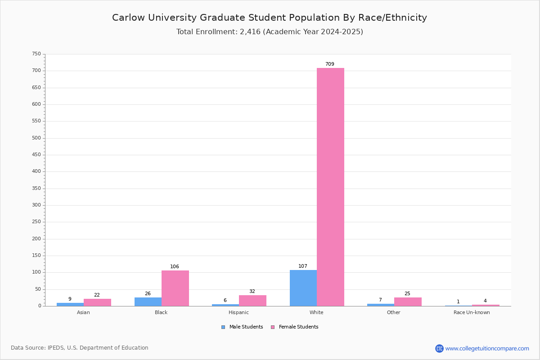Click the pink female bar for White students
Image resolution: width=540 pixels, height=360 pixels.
tap(330, 187)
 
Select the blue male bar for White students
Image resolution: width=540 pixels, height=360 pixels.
tap(303, 288)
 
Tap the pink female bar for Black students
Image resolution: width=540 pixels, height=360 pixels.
tap(175, 288)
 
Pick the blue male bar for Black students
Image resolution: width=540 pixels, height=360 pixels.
tap(148, 301)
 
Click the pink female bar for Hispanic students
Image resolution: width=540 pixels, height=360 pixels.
tap(252, 301)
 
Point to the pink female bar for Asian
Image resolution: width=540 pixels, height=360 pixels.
tap(97, 302)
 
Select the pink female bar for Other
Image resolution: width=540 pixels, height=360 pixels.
tap(408, 301)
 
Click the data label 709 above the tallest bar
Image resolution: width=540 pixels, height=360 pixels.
tap(330, 64)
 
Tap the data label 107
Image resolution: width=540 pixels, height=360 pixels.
tap(303, 266)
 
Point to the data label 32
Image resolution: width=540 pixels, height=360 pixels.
tap(252, 291)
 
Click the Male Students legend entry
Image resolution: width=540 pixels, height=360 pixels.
tap(242, 327)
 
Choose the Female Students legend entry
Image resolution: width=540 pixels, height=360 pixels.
tap(295, 327)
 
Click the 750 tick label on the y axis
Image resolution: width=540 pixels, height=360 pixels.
tap(36, 54)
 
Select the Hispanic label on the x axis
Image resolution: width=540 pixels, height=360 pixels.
tap(238, 312)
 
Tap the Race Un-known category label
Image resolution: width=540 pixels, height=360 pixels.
tap(472, 312)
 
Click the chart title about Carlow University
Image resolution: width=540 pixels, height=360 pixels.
tap(270, 18)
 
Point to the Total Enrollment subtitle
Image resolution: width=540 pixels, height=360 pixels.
tap(270, 31)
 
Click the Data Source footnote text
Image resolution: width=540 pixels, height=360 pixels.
tap(80, 348)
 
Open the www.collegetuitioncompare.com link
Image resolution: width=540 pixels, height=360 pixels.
tap(487, 348)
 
